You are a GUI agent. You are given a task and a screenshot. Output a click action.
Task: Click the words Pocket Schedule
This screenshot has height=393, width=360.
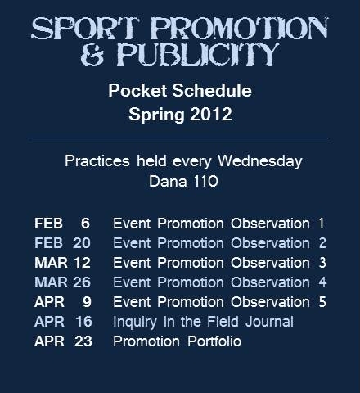point(180,91)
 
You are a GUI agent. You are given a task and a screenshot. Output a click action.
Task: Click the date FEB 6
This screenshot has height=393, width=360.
point(62,224)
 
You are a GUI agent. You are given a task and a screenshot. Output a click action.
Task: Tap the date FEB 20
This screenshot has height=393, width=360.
point(62,243)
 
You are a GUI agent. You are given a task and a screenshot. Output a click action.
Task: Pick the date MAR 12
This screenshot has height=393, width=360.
point(62,263)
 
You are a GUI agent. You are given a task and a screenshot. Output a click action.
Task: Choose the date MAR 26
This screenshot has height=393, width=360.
point(62,282)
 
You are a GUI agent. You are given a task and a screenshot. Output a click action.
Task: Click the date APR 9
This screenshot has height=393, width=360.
point(62,302)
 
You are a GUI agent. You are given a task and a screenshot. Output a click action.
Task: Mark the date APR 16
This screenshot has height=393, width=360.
point(62,322)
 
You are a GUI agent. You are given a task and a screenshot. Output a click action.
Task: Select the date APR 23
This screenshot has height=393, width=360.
point(62,341)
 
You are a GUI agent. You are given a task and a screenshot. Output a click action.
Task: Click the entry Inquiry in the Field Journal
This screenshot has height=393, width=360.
point(203,322)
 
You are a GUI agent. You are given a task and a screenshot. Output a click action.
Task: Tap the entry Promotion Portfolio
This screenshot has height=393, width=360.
point(177,341)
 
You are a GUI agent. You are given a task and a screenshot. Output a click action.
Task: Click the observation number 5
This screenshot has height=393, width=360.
point(322,302)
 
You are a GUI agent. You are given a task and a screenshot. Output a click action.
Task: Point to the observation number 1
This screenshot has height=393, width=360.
point(322,224)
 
